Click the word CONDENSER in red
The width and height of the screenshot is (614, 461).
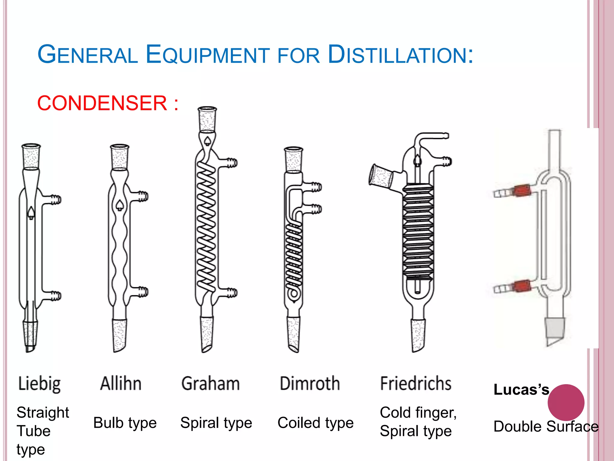[x=102, y=103]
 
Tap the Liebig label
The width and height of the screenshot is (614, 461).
[x=39, y=384]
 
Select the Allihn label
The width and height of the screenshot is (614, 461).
[x=121, y=384]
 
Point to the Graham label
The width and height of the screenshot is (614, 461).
[x=210, y=384]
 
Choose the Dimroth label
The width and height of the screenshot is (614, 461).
[x=310, y=384]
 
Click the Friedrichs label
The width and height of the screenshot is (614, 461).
[x=416, y=384]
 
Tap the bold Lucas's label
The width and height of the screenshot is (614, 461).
[x=521, y=390]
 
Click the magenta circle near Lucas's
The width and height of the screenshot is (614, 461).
[x=566, y=402]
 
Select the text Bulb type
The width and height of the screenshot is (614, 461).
[x=125, y=423]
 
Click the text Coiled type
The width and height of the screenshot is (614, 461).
[x=315, y=423]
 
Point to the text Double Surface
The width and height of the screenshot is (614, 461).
[x=546, y=426]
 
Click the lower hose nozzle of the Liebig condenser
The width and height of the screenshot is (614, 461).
[x=55, y=295]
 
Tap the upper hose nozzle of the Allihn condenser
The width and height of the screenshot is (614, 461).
[x=143, y=196]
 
